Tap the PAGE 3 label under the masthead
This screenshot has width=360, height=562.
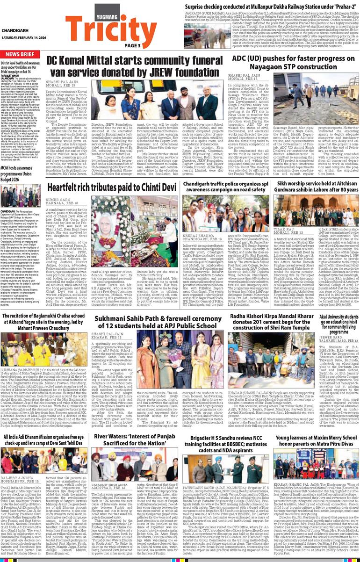click(x=132, y=45)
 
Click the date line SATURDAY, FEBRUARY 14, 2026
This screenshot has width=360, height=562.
click(x=23, y=38)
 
